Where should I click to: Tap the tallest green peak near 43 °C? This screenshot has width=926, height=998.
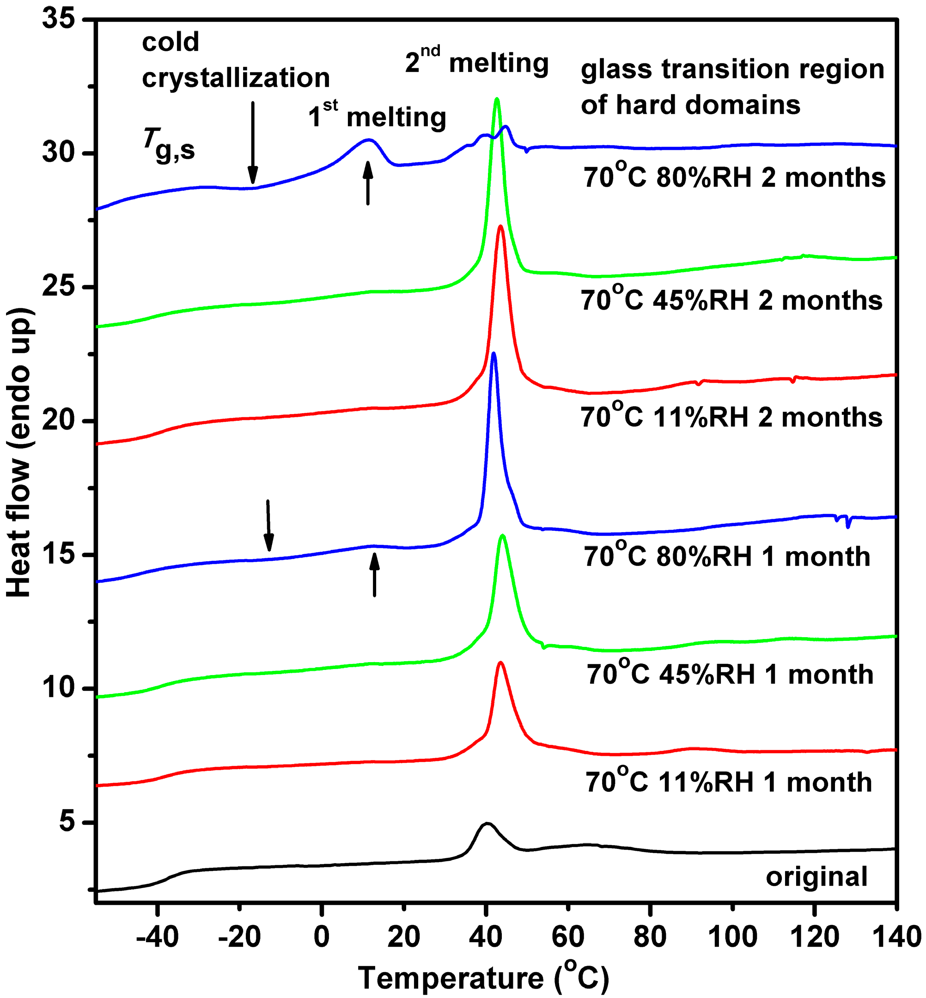point(497,99)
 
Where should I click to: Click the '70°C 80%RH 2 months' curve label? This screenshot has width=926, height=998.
point(734,177)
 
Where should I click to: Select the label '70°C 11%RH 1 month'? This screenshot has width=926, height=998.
point(729,782)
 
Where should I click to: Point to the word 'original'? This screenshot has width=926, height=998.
point(816,877)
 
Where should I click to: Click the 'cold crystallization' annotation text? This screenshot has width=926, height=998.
point(236,60)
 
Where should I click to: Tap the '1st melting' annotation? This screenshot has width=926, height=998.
point(377,117)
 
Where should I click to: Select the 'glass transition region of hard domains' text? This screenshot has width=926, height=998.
point(732,87)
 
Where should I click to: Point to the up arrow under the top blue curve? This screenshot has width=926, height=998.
point(368,183)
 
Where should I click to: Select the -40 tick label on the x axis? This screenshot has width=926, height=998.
point(157,936)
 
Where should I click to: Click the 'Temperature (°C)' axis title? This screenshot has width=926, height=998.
point(483,978)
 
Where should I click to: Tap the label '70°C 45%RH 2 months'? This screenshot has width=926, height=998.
point(731,301)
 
